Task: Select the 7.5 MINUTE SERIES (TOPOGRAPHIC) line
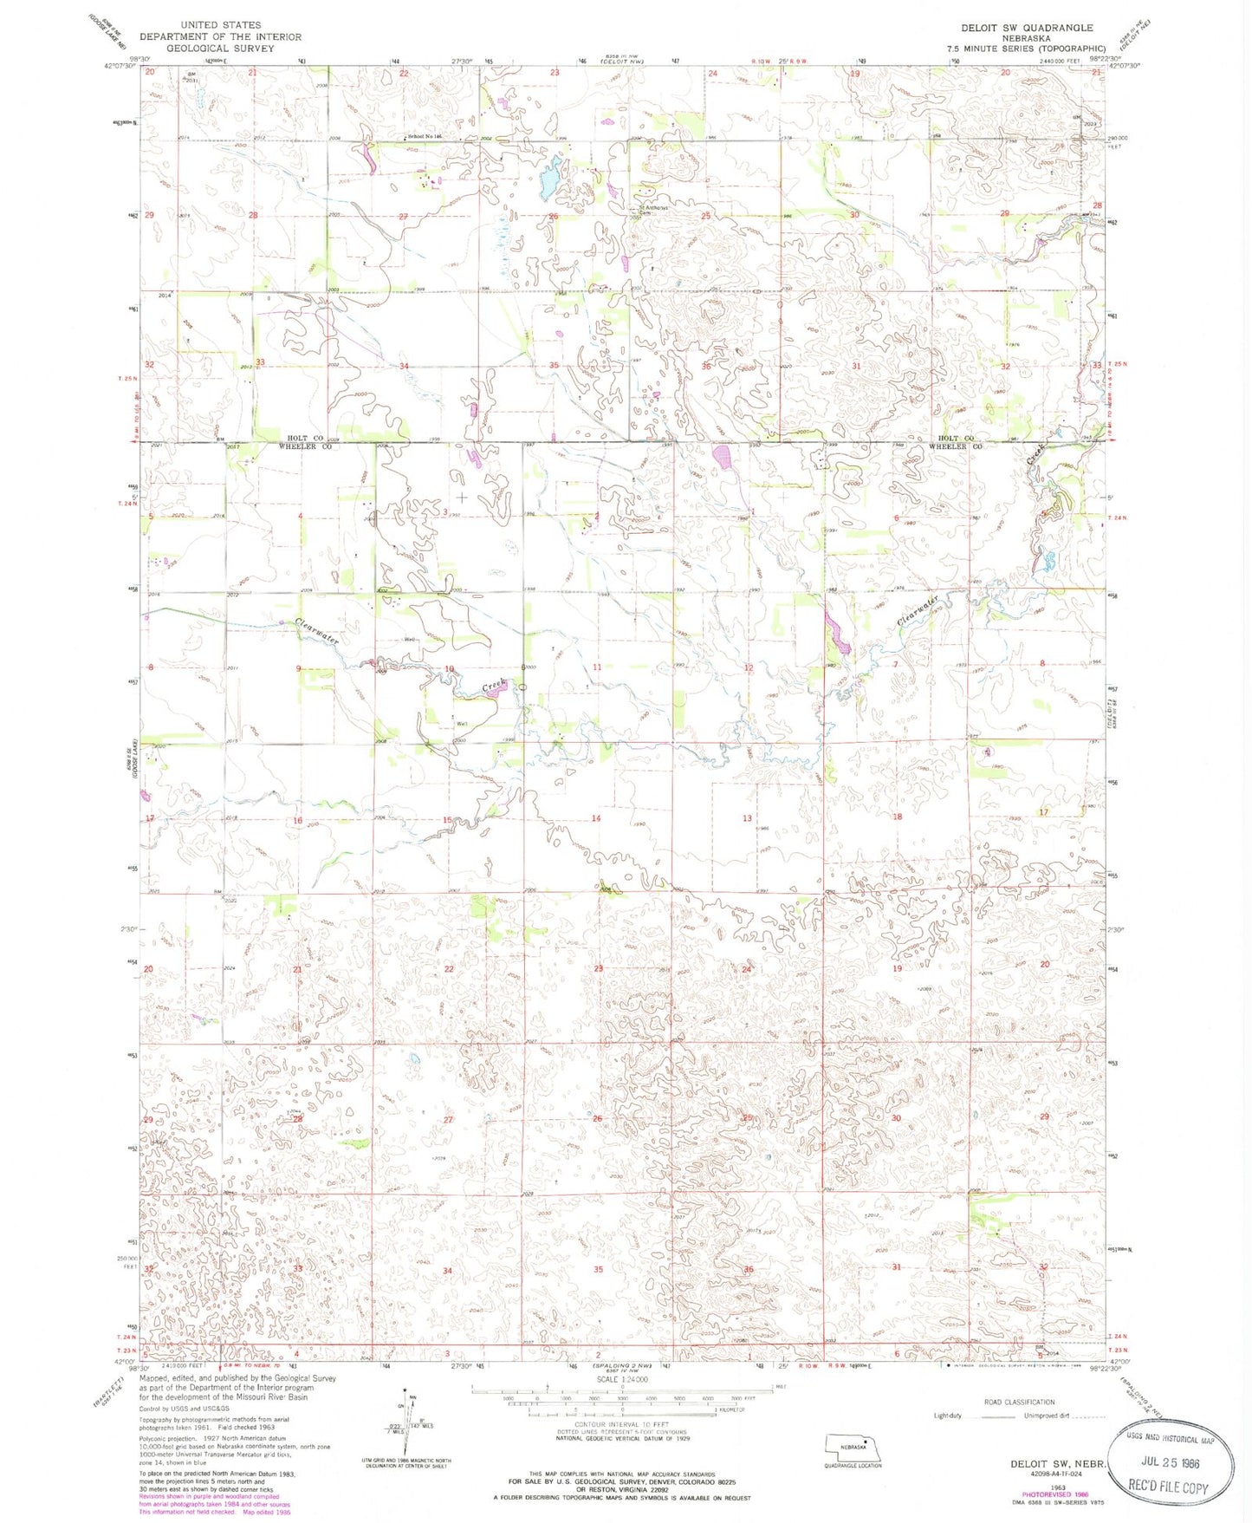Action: point(1030,49)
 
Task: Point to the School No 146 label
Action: point(425,137)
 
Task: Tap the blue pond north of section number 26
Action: point(548,180)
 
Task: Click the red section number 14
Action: point(596,818)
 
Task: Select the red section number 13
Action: point(747,818)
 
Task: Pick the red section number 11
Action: point(597,667)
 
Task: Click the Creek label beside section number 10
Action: point(493,687)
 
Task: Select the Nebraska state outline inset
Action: point(853,1447)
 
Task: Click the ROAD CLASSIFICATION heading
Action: point(1019,1402)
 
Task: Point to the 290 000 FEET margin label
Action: point(1126,142)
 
